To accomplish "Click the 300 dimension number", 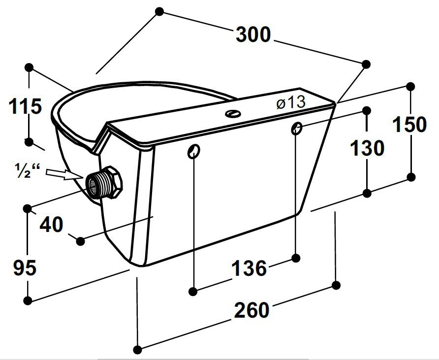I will point(253,35).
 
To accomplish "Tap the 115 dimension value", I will point(26,106).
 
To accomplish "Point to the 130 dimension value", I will point(367,148).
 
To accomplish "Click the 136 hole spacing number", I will point(249,268).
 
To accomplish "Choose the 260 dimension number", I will point(251,310).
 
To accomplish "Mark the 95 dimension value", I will point(25,268).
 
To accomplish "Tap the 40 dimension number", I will point(52,225).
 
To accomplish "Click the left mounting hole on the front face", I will point(194,151).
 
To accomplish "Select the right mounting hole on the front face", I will point(296,129).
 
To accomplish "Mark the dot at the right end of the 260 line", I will point(337,285).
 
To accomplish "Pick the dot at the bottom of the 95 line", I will point(29,300).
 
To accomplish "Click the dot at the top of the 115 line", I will point(29,66).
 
